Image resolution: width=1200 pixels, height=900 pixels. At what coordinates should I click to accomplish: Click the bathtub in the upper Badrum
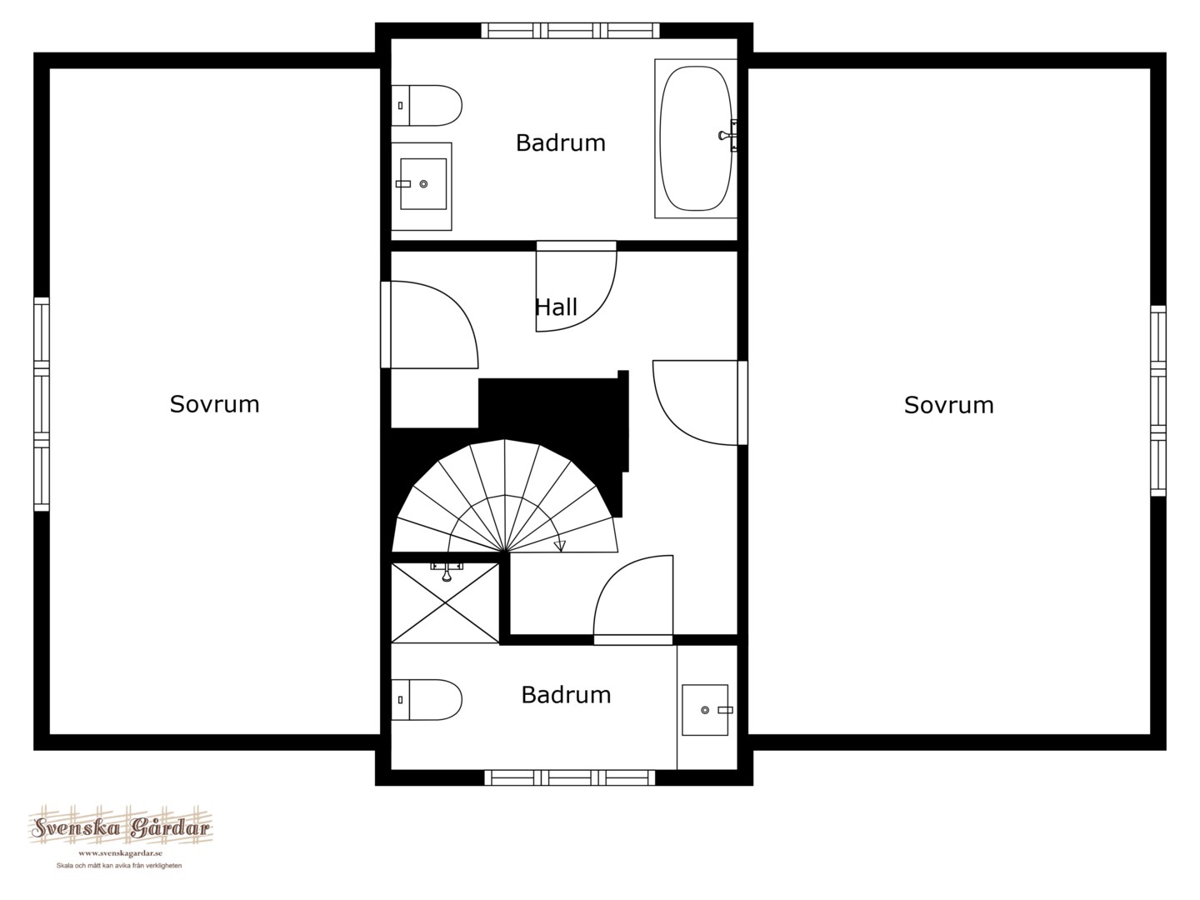[x=695, y=139]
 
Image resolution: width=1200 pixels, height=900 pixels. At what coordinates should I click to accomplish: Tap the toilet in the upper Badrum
[x=427, y=106]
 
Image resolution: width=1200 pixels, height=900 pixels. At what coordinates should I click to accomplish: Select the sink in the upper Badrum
[x=422, y=186]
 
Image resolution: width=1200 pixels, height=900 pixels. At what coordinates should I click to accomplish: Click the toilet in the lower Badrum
[x=427, y=700]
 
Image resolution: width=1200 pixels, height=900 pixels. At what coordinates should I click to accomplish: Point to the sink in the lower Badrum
[x=707, y=709]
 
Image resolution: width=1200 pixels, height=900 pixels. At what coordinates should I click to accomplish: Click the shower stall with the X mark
[x=445, y=602]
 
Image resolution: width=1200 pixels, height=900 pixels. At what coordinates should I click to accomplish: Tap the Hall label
[x=556, y=307]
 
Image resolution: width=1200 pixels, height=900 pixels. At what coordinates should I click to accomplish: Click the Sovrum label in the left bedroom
[x=214, y=404]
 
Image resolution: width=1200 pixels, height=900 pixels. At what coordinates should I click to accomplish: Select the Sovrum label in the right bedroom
[x=948, y=405]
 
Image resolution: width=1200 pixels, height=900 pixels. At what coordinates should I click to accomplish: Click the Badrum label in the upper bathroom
[x=560, y=142]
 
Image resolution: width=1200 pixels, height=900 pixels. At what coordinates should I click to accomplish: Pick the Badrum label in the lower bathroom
[x=566, y=694]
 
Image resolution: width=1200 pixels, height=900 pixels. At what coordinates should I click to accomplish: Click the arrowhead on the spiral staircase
[x=560, y=545]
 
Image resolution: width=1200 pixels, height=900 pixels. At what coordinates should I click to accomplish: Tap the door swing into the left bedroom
[x=435, y=325]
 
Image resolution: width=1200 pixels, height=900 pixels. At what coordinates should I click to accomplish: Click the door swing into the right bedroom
[x=695, y=402]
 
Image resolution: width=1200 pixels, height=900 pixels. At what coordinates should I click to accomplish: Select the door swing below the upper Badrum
[x=576, y=291]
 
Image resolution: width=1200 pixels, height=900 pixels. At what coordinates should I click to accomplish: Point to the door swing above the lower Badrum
[x=633, y=595]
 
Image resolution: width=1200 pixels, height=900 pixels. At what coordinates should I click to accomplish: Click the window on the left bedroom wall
[x=42, y=404]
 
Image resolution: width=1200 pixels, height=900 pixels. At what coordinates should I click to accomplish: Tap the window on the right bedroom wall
[x=1157, y=401]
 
